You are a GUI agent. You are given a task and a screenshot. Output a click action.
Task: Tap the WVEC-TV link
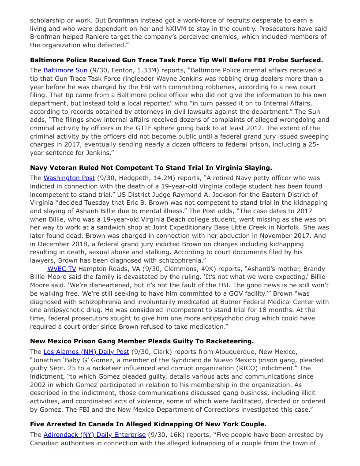point(60,268)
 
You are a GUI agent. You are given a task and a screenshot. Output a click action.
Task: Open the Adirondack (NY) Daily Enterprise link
point(94,434)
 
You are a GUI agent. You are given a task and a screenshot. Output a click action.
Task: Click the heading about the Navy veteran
point(151,168)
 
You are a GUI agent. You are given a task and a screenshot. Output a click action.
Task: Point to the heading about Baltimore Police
point(176,60)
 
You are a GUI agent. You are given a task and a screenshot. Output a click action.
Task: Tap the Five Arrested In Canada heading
point(148,424)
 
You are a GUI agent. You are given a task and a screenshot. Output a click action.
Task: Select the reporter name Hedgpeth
point(133,178)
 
